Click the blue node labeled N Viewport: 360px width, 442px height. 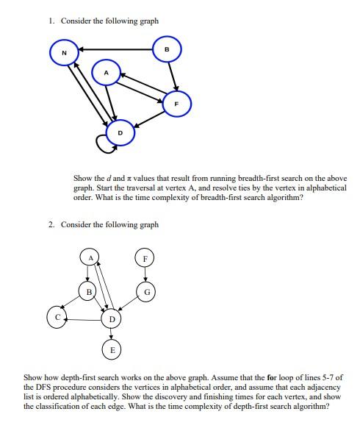(x=64, y=53)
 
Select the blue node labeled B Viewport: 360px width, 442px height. (x=168, y=49)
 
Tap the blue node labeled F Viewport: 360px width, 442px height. (x=176, y=104)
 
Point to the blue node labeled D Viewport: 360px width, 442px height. (x=120, y=132)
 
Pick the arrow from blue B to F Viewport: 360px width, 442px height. (x=172, y=76)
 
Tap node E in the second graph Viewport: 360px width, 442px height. (x=112, y=349)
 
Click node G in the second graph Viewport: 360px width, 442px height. (x=146, y=292)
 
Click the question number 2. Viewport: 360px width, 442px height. (x=51, y=224)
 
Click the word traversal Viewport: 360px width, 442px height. (x=149, y=188)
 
